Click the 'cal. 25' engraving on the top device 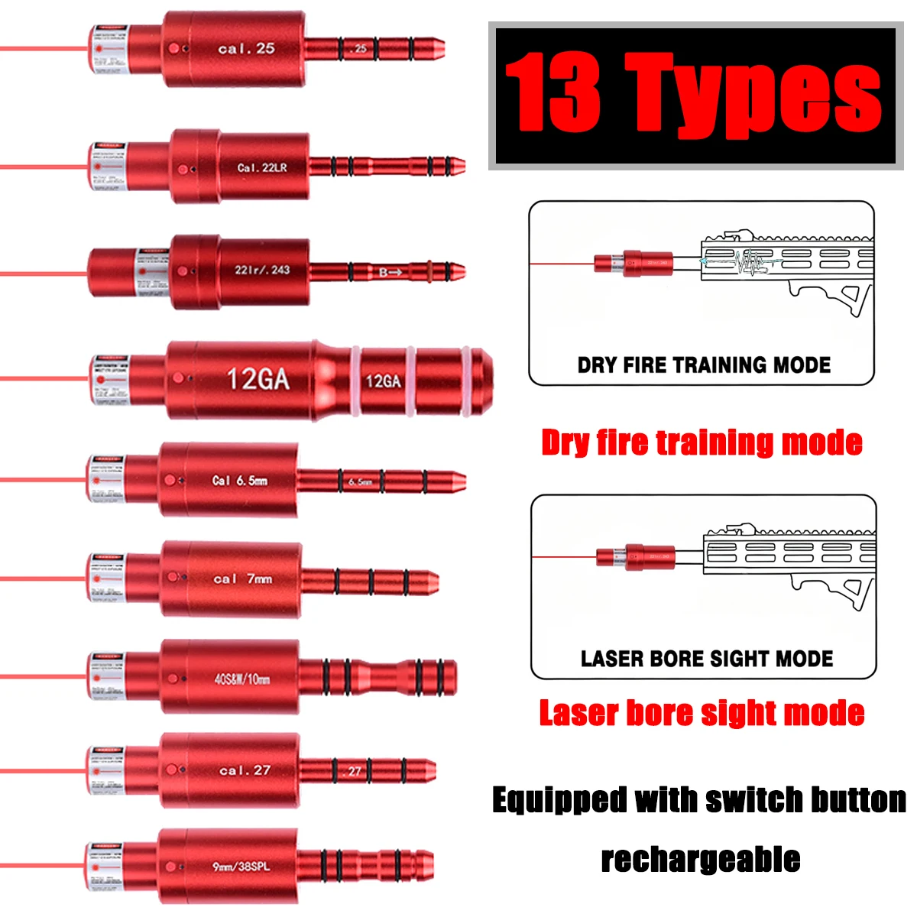click(x=245, y=49)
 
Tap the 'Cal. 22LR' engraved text click(x=262, y=167)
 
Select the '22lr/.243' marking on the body click(x=261, y=270)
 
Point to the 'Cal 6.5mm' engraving click(x=239, y=481)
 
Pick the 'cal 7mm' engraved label click(x=242, y=579)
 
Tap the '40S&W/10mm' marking click(x=241, y=679)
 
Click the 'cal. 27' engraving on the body click(x=245, y=770)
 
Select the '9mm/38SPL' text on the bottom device click(x=241, y=867)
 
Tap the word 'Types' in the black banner click(x=753, y=96)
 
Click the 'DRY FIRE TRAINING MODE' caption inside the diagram click(x=703, y=365)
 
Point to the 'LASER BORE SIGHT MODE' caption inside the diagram click(x=706, y=659)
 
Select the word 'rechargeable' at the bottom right click(x=700, y=859)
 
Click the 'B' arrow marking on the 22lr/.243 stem click(x=390, y=272)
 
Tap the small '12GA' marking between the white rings click(x=383, y=381)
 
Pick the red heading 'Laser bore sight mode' click(x=702, y=713)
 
